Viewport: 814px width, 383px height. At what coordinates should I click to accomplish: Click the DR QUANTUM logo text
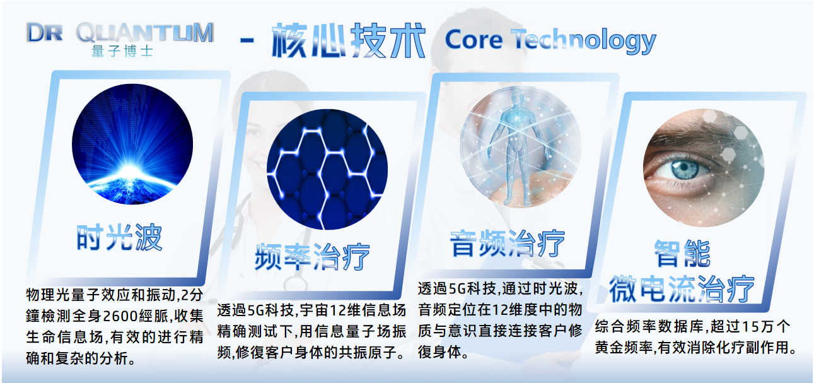click(x=120, y=33)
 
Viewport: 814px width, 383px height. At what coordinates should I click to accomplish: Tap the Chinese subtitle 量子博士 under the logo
click(x=122, y=51)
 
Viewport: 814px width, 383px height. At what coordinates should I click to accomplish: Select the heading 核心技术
click(x=348, y=40)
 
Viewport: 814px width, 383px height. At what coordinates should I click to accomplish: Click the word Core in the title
click(x=474, y=40)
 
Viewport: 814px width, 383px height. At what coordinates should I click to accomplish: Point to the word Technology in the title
click(x=584, y=41)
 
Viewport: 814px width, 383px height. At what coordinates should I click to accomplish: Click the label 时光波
click(x=119, y=237)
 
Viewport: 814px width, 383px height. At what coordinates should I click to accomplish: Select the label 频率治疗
click(x=312, y=257)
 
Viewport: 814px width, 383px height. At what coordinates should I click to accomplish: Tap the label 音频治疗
click(x=508, y=244)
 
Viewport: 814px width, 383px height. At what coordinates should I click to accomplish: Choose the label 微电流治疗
click(x=682, y=289)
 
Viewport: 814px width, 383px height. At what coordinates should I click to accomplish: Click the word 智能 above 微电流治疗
click(x=682, y=254)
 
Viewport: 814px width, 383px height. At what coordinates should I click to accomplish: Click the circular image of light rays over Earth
click(x=132, y=144)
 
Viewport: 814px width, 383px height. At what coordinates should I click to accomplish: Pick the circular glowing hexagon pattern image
click(x=327, y=170)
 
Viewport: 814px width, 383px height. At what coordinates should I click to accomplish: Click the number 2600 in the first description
click(x=120, y=315)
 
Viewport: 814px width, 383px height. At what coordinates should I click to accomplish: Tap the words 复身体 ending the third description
click(x=439, y=351)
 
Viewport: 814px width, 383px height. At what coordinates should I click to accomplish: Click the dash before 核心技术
click(x=247, y=41)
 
